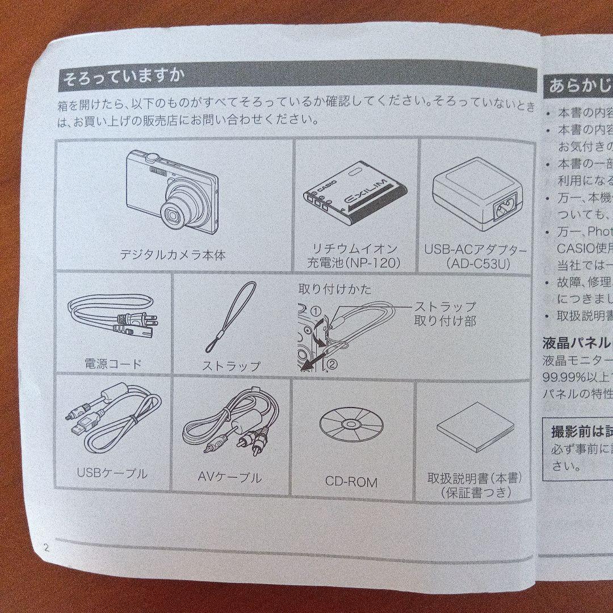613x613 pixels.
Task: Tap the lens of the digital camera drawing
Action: (x=172, y=214)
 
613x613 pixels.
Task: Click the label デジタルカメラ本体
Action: (x=173, y=255)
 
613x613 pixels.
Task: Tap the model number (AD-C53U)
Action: (x=475, y=263)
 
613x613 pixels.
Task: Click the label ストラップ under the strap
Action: (x=231, y=366)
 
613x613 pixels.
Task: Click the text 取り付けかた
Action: (x=335, y=289)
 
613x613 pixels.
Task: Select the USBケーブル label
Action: (x=112, y=473)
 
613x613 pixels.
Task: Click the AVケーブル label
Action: (x=230, y=477)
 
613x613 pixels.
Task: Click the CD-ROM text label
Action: (x=351, y=482)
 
